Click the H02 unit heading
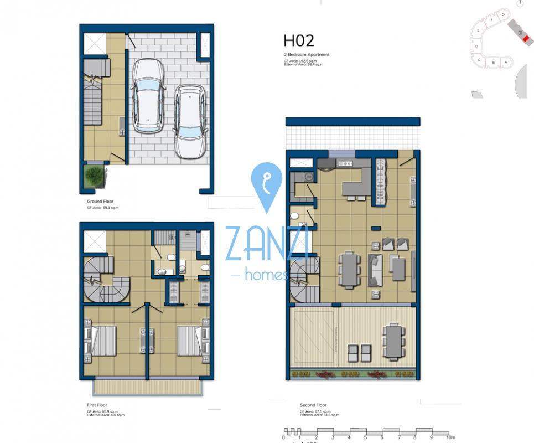299,40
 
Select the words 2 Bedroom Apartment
306,55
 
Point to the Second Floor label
313,405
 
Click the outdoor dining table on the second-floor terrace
393,341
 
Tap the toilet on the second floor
295,216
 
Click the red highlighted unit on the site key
520,33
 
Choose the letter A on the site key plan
505,63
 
